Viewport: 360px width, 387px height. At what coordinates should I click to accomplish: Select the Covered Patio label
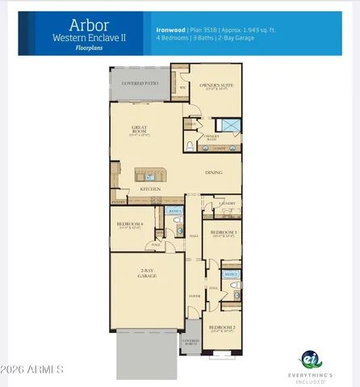(x=140, y=83)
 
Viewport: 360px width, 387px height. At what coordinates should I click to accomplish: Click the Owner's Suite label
(x=215, y=83)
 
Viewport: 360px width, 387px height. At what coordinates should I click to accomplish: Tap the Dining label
(x=213, y=172)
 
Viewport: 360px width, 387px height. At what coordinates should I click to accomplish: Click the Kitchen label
(x=149, y=189)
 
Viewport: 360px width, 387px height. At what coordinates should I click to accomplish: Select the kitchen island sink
(x=147, y=174)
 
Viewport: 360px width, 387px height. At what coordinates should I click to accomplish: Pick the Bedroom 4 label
(x=129, y=223)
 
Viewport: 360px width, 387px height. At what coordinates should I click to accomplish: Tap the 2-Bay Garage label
(x=147, y=273)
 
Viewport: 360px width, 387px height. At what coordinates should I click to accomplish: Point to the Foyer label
(x=194, y=297)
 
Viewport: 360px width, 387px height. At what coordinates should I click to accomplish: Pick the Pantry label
(x=118, y=202)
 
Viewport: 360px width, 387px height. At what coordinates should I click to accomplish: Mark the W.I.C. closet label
(x=183, y=86)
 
